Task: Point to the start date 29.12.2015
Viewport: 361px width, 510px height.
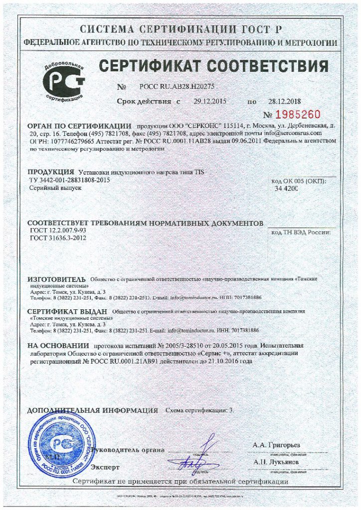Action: [209, 101]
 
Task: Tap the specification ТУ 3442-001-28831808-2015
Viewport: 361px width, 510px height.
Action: [70, 180]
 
